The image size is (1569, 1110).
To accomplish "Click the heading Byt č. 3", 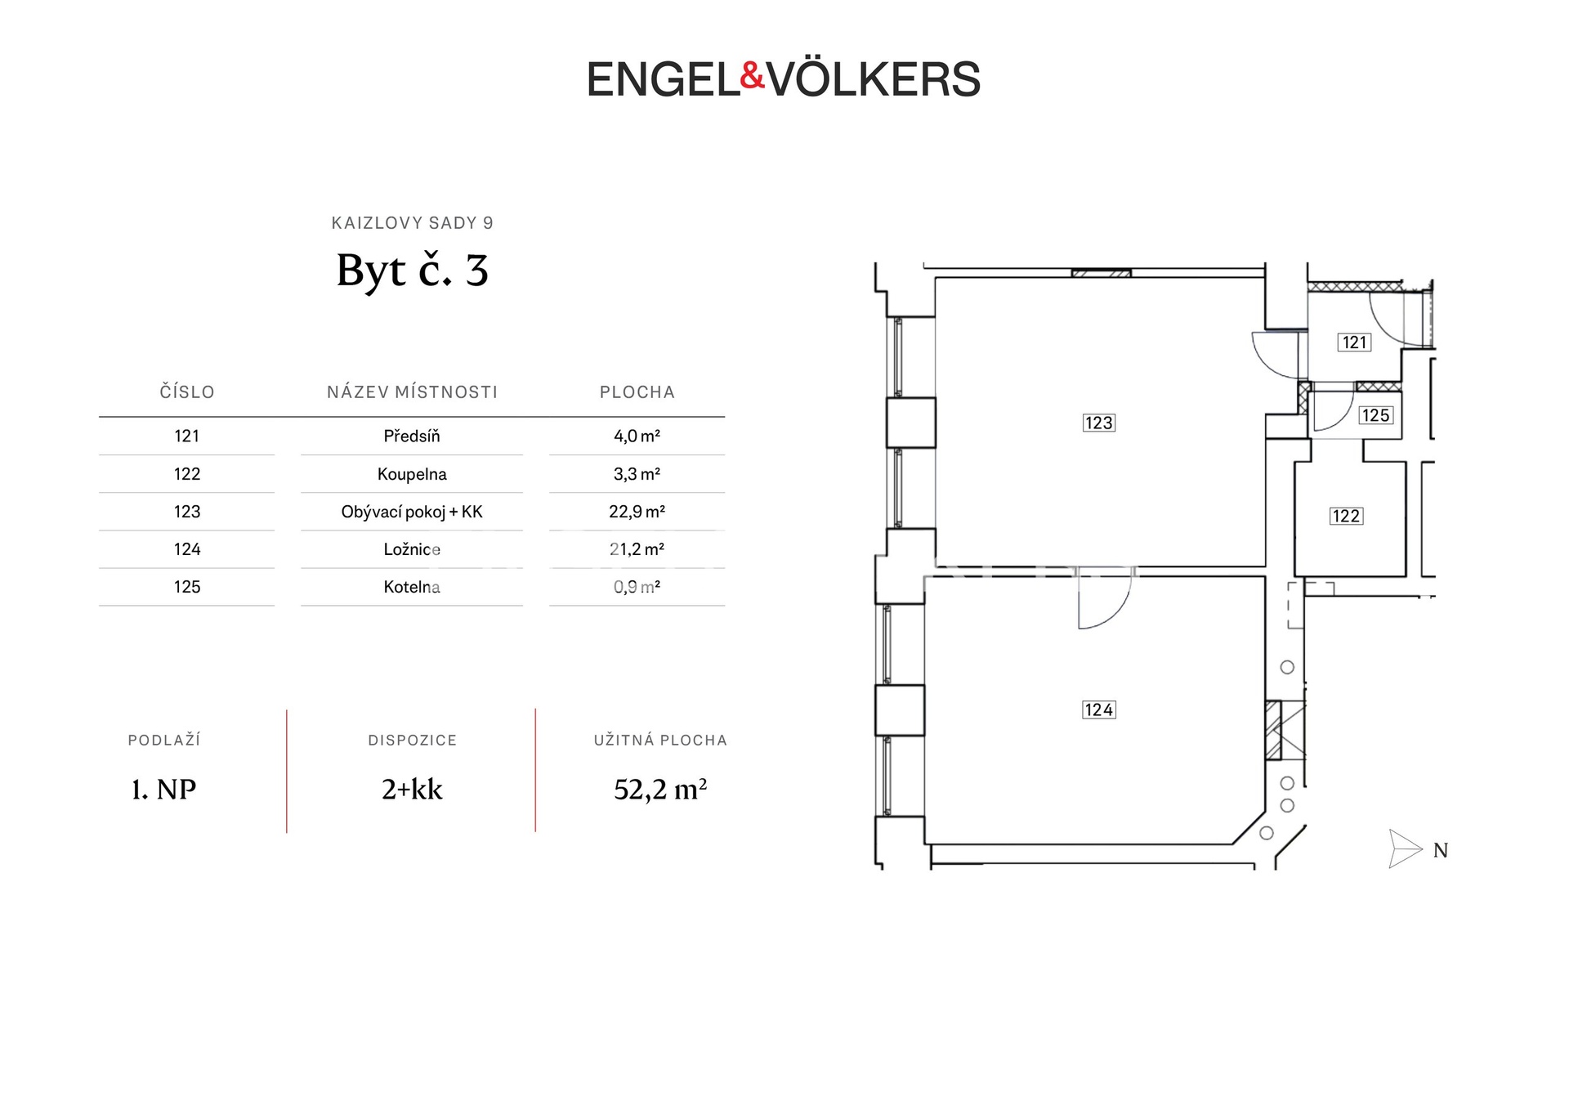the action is (413, 271).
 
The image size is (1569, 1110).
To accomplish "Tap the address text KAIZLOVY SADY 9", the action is (413, 223).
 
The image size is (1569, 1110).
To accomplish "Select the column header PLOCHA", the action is (637, 392).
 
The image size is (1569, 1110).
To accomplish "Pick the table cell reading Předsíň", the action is (412, 436).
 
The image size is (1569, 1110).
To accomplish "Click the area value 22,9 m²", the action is (637, 512).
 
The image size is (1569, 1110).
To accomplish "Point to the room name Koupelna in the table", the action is (412, 474).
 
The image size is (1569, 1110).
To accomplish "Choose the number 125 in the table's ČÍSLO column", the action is (187, 587).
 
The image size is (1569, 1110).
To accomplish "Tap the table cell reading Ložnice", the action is (412, 549).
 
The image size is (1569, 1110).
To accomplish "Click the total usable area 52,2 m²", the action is (660, 790).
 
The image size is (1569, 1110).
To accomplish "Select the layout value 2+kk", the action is (412, 790).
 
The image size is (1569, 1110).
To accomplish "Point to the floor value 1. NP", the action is (164, 790).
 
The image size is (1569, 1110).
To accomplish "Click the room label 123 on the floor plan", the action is (1098, 423).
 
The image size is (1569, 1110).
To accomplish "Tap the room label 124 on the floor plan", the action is (1098, 709).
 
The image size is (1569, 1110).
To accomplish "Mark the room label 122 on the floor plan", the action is (1346, 516).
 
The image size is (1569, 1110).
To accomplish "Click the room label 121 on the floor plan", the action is (1354, 342).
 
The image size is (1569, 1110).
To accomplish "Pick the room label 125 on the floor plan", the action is (1375, 415).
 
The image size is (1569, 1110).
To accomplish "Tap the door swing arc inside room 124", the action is (1121, 612).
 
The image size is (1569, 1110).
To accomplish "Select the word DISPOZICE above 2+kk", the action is (413, 741).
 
